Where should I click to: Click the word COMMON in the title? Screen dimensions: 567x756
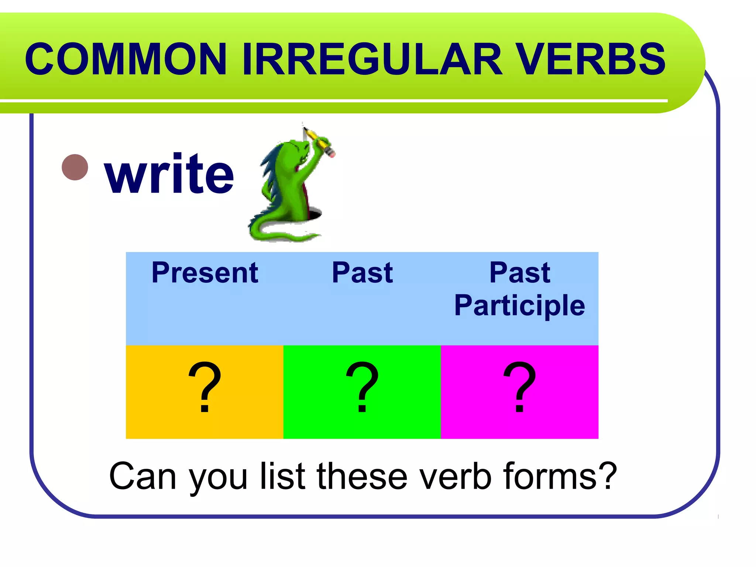126,59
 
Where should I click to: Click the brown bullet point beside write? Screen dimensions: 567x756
75,167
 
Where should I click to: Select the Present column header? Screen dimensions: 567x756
205,273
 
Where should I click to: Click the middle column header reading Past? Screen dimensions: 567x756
362,273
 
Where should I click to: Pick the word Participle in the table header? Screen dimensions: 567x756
519,305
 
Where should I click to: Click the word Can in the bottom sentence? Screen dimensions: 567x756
142,477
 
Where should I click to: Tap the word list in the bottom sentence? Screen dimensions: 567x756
283,477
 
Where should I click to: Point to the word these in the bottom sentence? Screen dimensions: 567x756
362,477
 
